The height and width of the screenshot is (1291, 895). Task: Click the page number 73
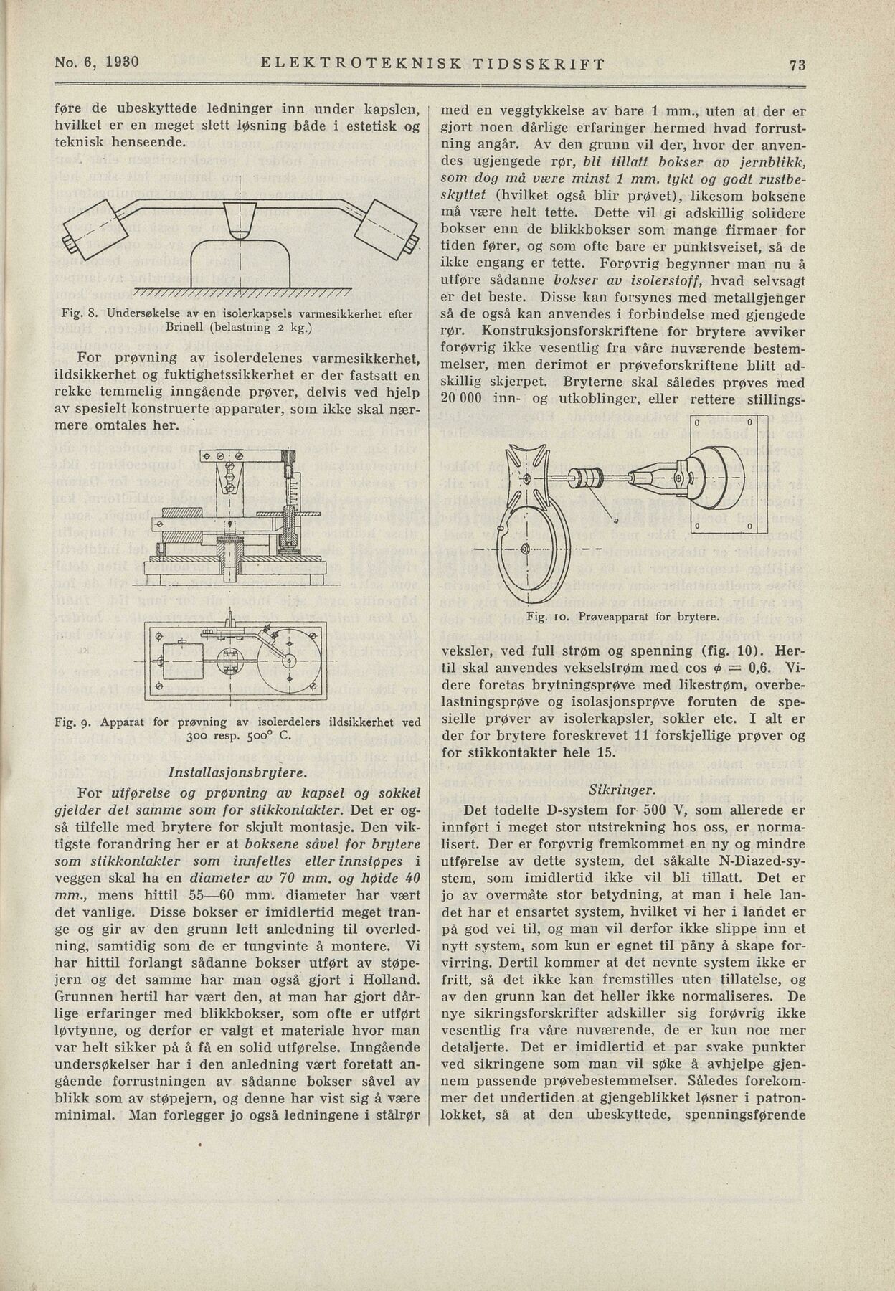tap(797, 64)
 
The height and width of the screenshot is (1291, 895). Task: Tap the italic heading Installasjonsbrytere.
tap(237, 774)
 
